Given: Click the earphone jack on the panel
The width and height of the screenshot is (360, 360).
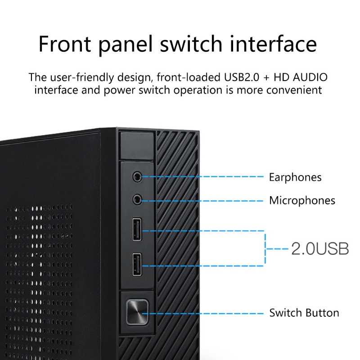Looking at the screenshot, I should point(136,176).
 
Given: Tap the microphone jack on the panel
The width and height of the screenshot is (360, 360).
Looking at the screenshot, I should point(136,199).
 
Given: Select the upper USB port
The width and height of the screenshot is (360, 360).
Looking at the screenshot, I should point(137,230).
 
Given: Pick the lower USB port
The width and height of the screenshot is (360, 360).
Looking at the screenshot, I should point(137,265).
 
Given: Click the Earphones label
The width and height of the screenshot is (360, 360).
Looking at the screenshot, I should point(295,177).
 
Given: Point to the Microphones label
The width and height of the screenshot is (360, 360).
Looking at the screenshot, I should point(302,200).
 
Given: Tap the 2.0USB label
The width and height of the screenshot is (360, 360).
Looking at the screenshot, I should point(320,248).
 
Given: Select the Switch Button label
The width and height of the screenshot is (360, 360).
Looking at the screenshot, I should point(304,313).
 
